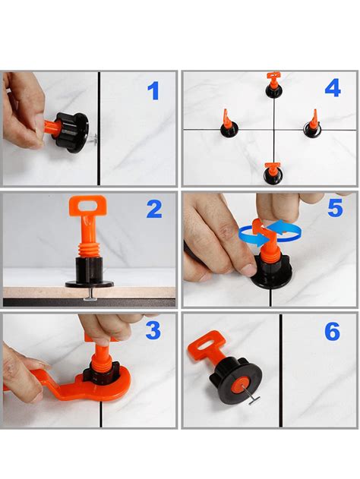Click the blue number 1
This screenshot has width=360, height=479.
point(154,92)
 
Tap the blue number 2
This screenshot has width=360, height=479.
point(154,209)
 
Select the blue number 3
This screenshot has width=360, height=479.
point(153,330)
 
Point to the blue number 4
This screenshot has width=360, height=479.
point(332,88)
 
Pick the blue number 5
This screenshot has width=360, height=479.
point(335,207)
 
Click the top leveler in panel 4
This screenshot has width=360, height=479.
point(273,86)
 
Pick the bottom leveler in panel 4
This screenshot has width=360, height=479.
point(272,174)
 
